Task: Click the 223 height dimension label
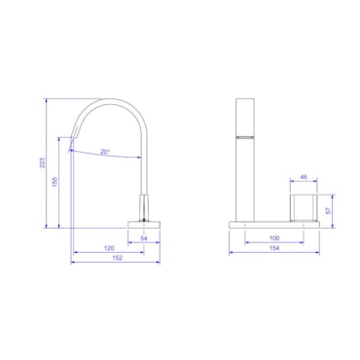(42, 162)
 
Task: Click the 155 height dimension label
(54, 182)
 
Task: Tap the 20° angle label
(105, 152)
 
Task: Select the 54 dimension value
(144, 238)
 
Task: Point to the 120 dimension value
(109, 248)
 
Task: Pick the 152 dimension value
(117, 258)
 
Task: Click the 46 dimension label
(304, 177)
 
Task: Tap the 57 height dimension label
(328, 211)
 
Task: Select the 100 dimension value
(274, 238)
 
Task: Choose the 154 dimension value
(274, 248)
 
